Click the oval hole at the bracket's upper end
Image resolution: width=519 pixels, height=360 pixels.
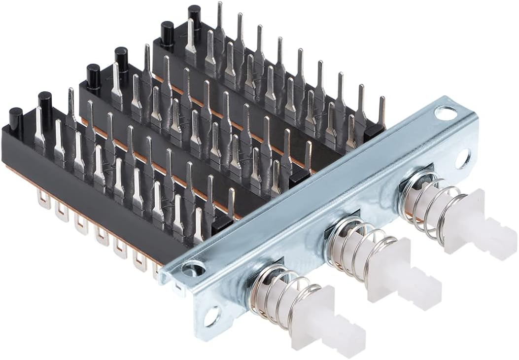tap(446, 114)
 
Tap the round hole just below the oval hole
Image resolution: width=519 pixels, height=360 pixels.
tap(462, 159)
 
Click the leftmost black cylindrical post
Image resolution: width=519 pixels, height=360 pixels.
tap(15, 118)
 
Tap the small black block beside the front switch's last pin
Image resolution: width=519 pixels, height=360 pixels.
tap(221, 224)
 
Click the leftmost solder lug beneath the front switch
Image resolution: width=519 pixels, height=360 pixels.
tap(43, 199)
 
